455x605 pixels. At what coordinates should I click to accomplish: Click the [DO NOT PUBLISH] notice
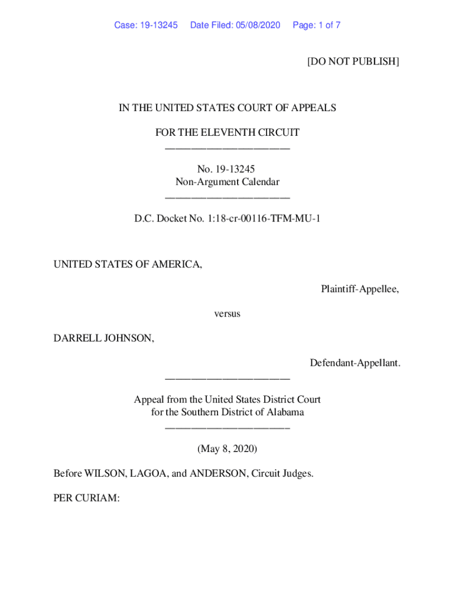click(x=353, y=61)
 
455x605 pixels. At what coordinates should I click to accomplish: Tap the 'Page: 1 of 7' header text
click(x=316, y=25)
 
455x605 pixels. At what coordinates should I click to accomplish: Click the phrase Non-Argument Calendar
click(x=227, y=182)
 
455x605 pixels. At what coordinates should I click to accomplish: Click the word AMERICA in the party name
click(x=175, y=265)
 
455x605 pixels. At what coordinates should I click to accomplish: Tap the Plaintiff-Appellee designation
click(x=360, y=289)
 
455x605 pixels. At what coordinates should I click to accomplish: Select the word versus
click(x=227, y=314)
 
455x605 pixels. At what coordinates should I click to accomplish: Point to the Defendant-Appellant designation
click(x=355, y=363)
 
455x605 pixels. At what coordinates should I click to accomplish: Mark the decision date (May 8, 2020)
click(x=227, y=449)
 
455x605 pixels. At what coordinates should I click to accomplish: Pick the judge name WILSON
click(x=103, y=474)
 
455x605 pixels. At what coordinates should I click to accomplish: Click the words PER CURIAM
click(x=86, y=499)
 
